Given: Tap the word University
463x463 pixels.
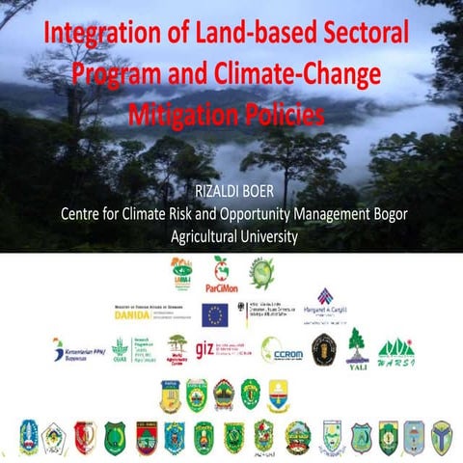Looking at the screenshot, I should (x=266, y=234).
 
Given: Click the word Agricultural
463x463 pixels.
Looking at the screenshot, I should (x=198, y=234).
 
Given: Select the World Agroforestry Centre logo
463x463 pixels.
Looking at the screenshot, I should (x=177, y=349).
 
